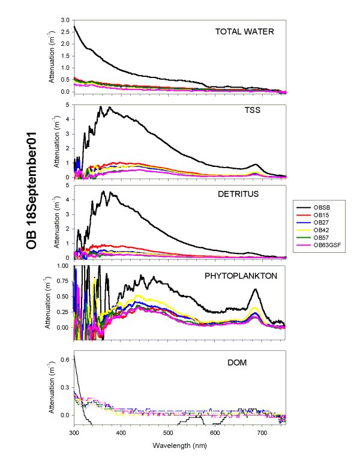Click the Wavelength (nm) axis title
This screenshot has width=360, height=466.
tap(179, 445)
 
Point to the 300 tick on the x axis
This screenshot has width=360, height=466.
tap(74, 432)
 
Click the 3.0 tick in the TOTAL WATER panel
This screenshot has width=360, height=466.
tap(65, 20)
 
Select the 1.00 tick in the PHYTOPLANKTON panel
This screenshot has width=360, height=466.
tap(62, 265)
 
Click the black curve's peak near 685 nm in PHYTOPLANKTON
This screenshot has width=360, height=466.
tap(256, 289)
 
